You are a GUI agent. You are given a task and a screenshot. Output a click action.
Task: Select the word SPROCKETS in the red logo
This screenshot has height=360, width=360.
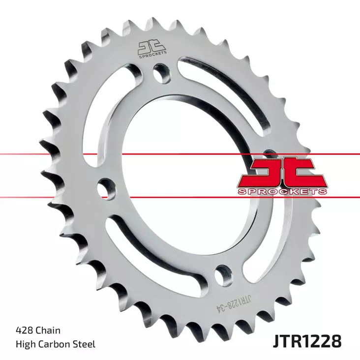[x=282, y=190]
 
